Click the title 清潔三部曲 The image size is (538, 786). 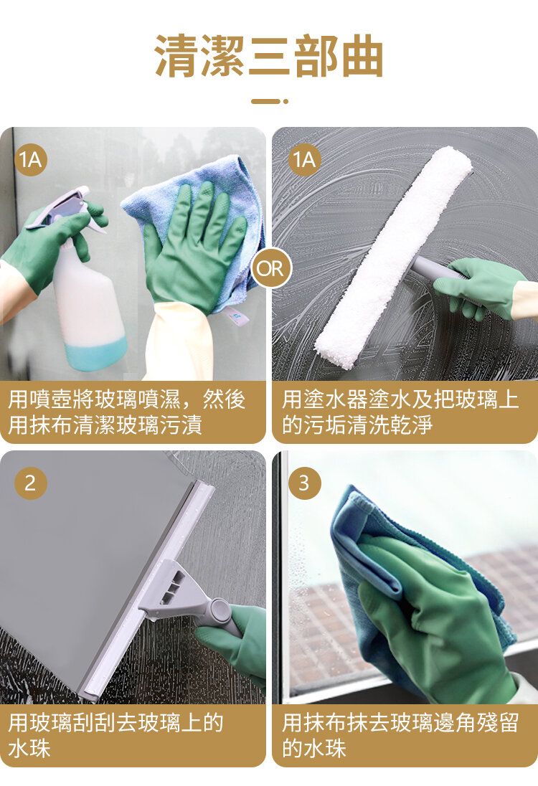pyautogui.click(x=269, y=56)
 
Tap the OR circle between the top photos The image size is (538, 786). pyautogui.click(x=270, y=269)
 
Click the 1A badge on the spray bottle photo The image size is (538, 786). pyautogui.click(x=31, y=160)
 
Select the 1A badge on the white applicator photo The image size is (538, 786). pyautogui.click(x=304, y=160)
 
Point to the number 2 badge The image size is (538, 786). pyautogui.click(x=31, y=483)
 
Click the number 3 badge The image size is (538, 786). pyautogui.click(x=304, y=483)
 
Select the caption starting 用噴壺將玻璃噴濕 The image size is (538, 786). pyautogui.click(x=126, y=412)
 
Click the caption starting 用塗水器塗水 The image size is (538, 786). pyautogui.click(x=400, y=412)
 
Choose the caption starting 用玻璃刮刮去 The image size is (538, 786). pyautogui.click(x=115, y=735)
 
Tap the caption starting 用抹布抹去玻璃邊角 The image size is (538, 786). pyautogui.click(x=400, y=735)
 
